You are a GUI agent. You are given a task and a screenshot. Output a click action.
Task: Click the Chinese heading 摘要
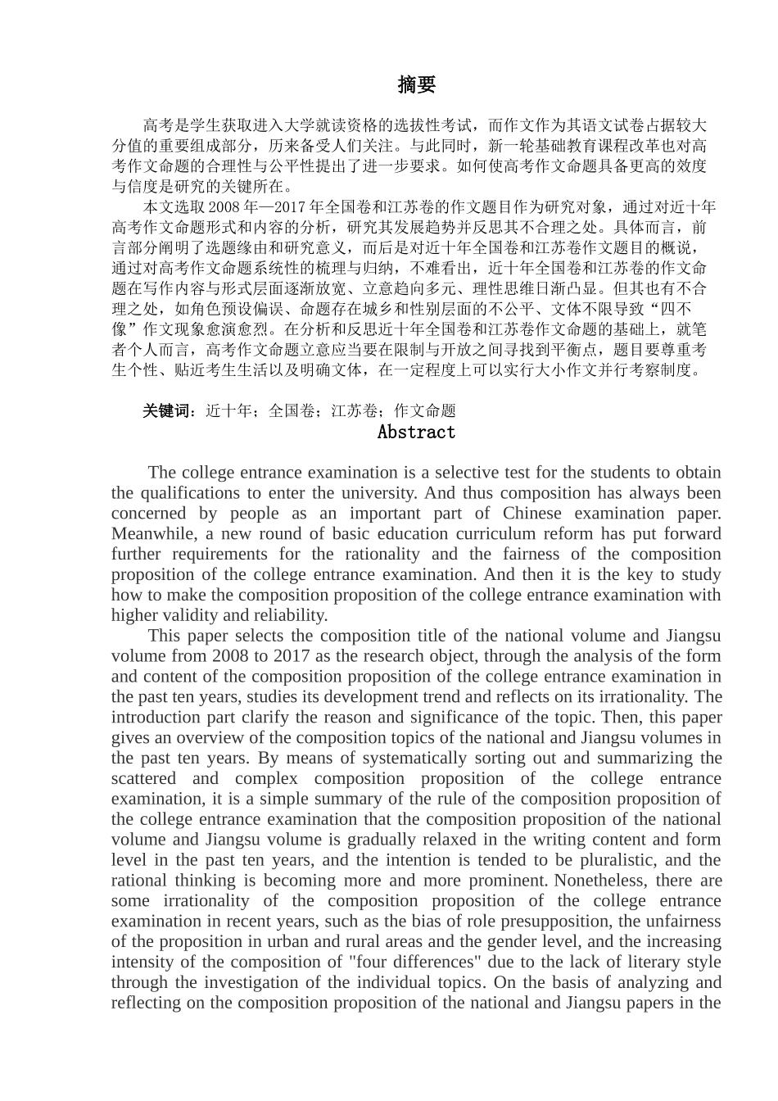pyautogui.click(x=416, y=84)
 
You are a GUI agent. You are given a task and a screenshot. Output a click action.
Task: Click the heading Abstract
pyautogui.click(x=416, y=433)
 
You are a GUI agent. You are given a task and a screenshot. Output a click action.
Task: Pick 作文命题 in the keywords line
pyautogui.click(x=425, y=411)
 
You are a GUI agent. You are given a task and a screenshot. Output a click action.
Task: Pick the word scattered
pyautogui.click(x=143, y=779)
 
